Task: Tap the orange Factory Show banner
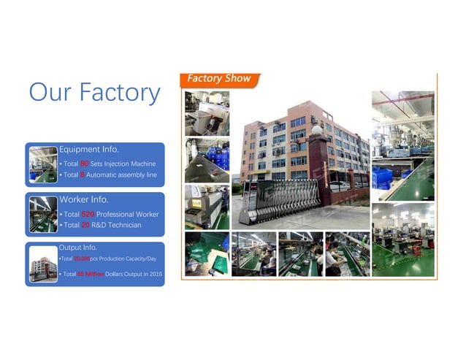click(x=219, y=79)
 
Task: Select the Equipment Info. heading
click(x=88, y=149)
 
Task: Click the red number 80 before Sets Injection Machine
click(x=84, y=164)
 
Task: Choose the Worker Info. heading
click(x=83, y=199)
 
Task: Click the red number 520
click(x=88, y=214)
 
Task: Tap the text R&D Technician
click(x=116, y=226)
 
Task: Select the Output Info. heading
click(x=78, y=248)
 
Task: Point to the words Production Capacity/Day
click(x=127, y=258)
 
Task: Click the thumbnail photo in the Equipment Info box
click(x=42, y=164)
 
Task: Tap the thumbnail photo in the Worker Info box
click(x=42, y=213)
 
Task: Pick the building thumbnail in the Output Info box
click(x=42, y=263)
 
